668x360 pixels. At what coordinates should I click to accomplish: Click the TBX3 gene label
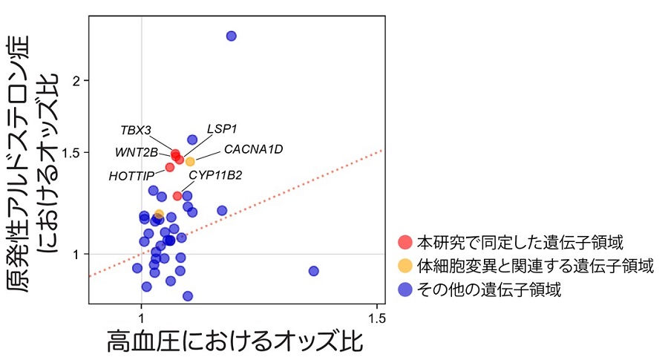(x=136, y=131)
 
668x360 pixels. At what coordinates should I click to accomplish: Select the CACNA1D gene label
(x=253, y=149)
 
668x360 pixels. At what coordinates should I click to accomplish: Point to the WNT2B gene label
(x=137, y=153)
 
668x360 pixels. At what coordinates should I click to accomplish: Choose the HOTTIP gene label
(x=131, y=176)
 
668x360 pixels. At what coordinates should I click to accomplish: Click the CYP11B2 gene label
(x=215, y=175)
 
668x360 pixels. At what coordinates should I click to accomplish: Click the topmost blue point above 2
(x=231, y=36)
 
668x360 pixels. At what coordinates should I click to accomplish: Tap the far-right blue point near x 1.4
(x=313, y=271)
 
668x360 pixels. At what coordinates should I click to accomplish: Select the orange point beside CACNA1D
(x=190, y=161)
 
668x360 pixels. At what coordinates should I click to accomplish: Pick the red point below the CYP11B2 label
(x=177, y=196)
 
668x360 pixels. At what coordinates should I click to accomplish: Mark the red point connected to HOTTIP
(x=169, y=167)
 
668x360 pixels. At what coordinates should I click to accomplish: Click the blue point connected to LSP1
(x=192, y=140)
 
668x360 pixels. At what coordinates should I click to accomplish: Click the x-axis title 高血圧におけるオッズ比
(x=235, y=342)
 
